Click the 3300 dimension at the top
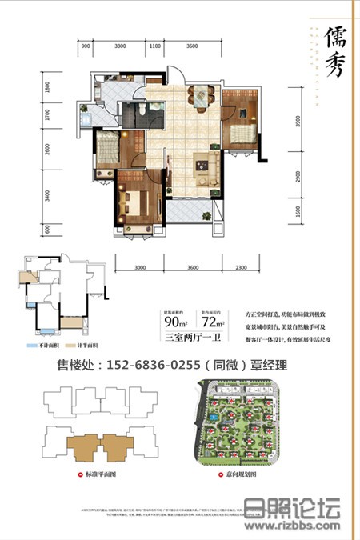121,47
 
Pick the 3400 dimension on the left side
47,194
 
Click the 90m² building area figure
172,322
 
